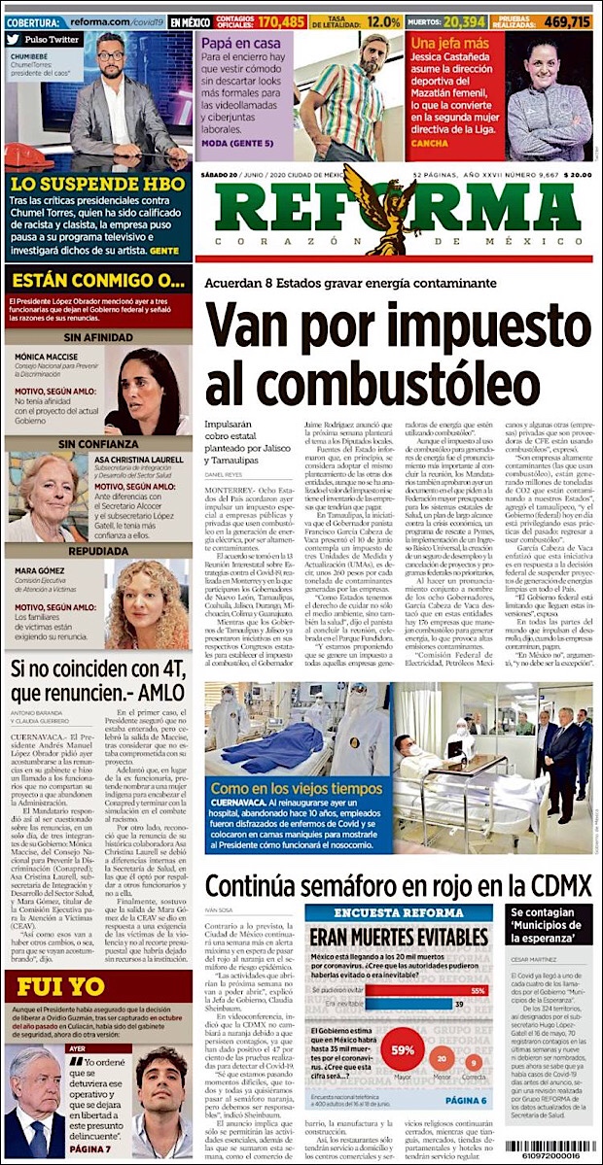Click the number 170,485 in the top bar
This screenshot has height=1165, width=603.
click(x=280, y=20)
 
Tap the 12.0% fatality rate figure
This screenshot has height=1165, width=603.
click(x=384, y=20)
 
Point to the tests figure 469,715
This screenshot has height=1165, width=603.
click(x=569, y=20)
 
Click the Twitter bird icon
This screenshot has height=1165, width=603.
click(x=13, y=40)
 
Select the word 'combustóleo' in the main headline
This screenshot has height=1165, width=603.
click(x=357, y=384)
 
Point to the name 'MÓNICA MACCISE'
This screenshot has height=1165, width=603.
click(x=48, y=357)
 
